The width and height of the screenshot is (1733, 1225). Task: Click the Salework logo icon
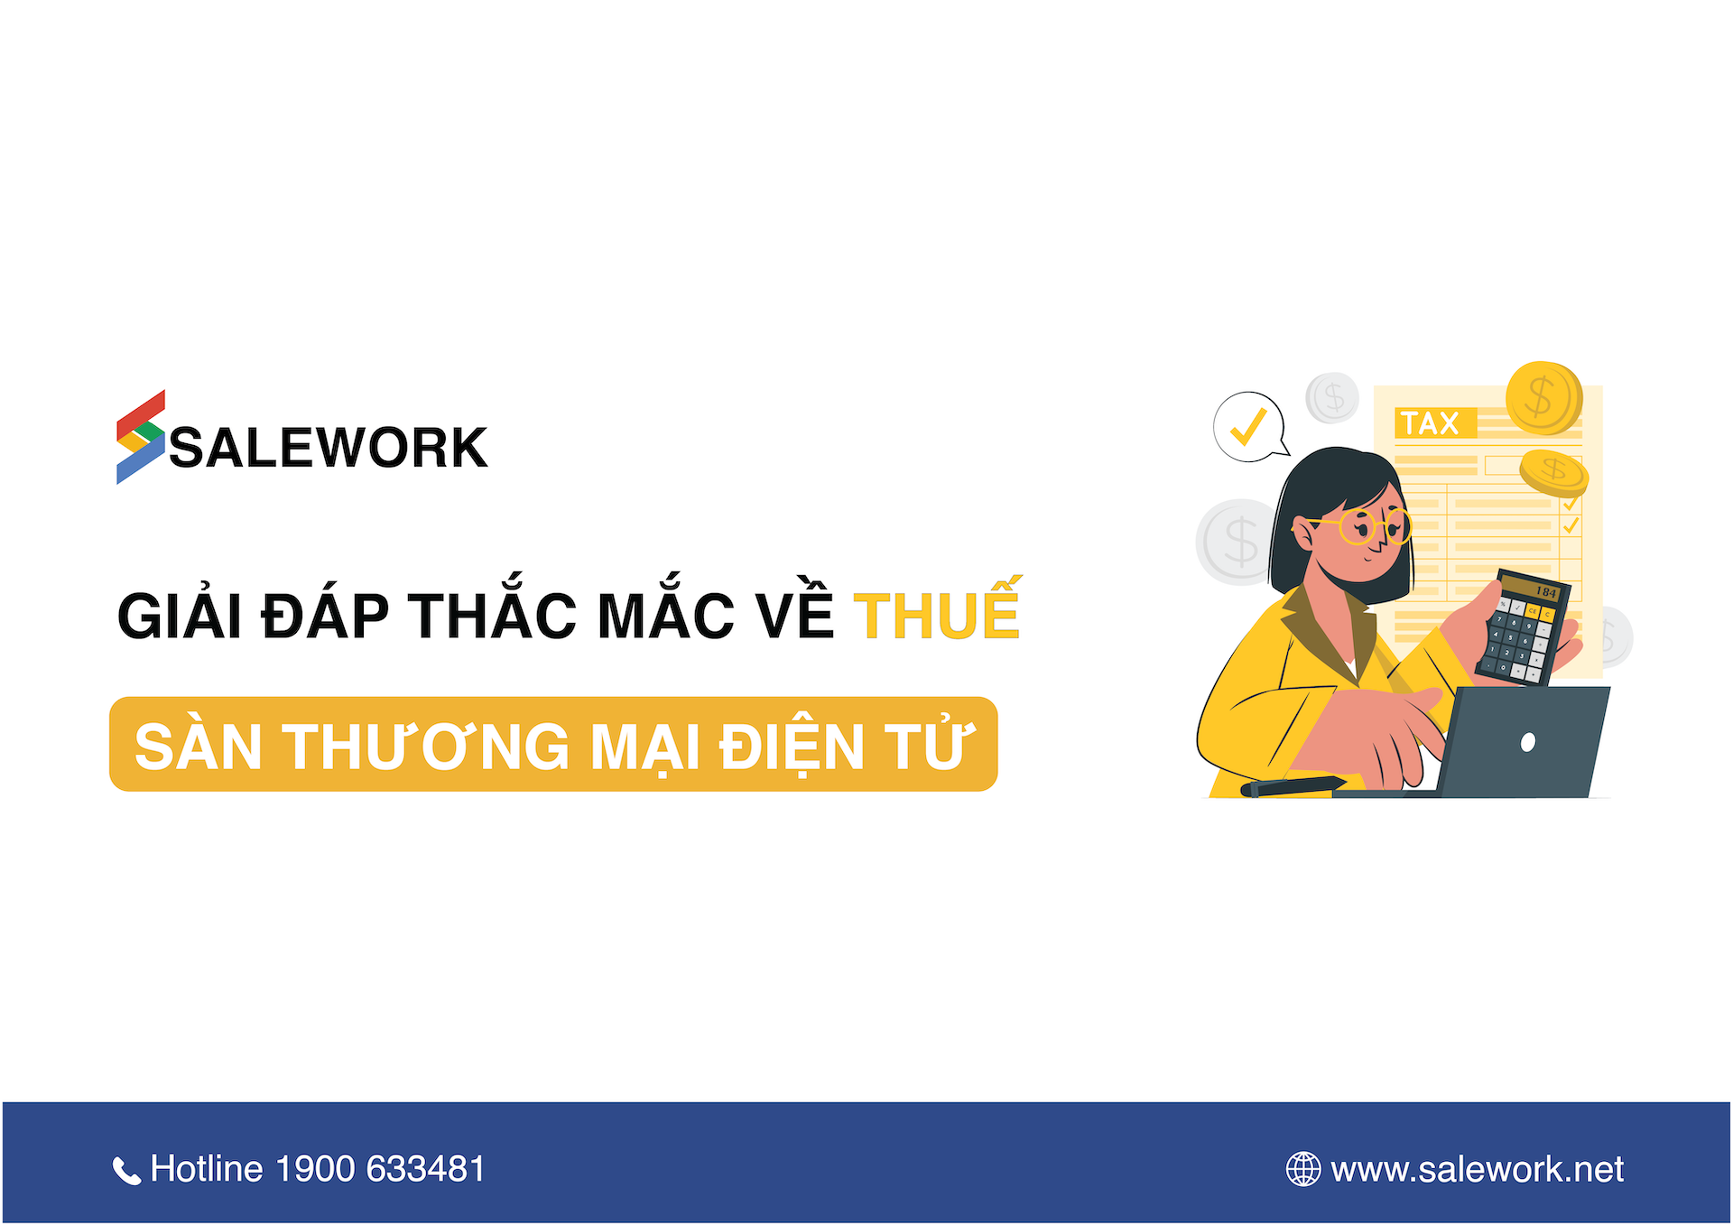tap(141, 437)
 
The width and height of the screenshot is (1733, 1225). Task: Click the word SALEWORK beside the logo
tap(329, 448)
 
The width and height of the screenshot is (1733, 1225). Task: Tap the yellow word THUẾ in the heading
tap(937, 615)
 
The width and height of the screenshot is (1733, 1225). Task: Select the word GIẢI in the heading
tap(180, 617)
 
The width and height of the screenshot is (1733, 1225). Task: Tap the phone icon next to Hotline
tap(126, 1171)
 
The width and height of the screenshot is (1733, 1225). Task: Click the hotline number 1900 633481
tap(380, 1169)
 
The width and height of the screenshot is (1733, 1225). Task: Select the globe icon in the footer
tap(1302, 1169)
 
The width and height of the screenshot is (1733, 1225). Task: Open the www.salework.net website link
tap(1477, 1170)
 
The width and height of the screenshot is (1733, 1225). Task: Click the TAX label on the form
tap(1430, 423)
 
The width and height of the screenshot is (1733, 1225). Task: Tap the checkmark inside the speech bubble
tap(1248, 427)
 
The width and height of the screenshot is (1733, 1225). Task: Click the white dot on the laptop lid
tap(1528, 742)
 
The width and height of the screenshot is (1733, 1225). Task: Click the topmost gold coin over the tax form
tap(1543, 397)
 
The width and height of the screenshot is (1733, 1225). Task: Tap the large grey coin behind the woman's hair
tap(1236, 541)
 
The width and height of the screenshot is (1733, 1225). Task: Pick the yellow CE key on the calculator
tap(1532, 611)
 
